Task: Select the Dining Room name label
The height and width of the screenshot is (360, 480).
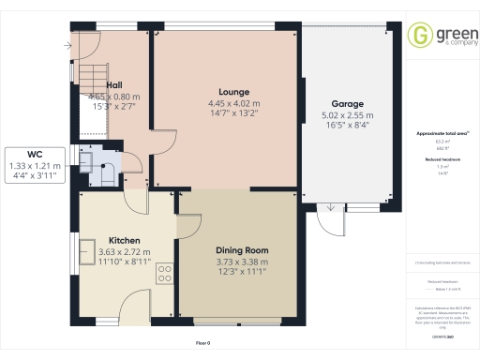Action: coord(242,250)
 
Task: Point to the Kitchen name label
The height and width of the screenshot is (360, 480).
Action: coord(125,240)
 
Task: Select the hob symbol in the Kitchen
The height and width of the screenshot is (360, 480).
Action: coord(165,274)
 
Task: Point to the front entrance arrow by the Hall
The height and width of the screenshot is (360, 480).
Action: coord(69,44)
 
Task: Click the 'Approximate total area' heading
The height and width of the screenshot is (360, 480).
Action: coord(442,134)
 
